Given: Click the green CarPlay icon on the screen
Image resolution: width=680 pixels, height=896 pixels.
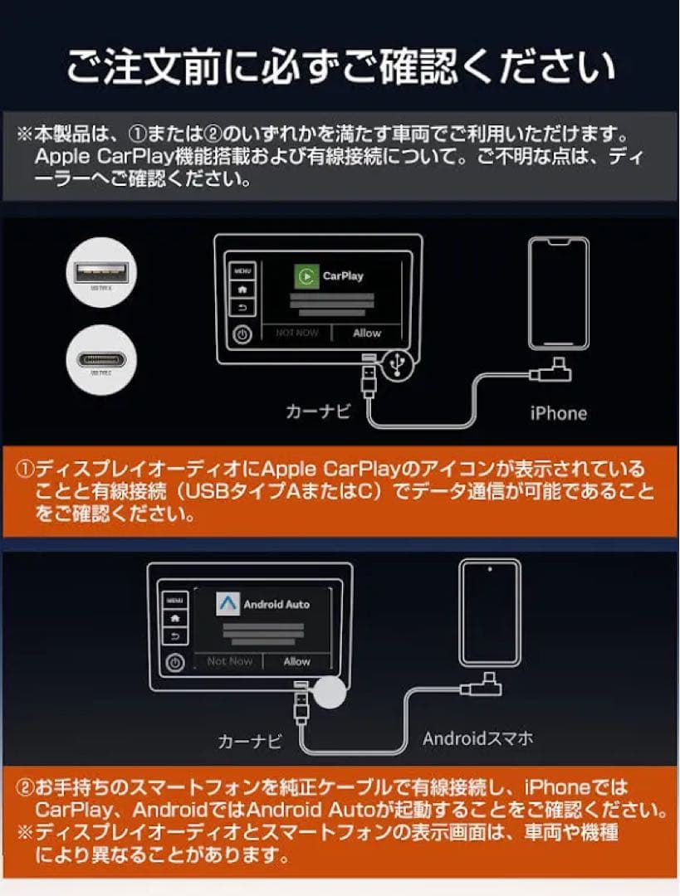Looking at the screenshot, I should click(307, 275).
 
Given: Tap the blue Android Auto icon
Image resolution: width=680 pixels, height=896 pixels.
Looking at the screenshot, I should click(227, 603).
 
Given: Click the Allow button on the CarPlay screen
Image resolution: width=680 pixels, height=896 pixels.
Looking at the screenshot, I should click(366, 333).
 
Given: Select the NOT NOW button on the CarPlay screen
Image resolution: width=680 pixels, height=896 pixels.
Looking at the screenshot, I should click(297, 333).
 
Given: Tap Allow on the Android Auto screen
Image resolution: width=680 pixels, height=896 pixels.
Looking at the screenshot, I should click(296, 661).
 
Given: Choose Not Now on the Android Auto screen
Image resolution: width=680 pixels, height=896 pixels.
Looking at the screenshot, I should click(230, 661).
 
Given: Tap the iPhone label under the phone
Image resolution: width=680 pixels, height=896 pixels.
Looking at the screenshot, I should click(558, 412).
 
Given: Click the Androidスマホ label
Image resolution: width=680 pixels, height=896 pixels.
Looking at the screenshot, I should click(477, 738).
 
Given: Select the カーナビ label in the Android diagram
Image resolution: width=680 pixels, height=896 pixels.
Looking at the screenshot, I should click(249, 741).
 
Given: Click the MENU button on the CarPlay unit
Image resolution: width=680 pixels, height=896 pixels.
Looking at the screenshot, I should click(242, 270).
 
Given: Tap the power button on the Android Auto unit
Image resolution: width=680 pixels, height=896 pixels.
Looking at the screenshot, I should click(174, 663).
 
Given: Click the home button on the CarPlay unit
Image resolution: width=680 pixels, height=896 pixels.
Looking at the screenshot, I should click(242, 290).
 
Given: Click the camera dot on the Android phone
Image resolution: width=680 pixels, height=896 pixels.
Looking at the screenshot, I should click(491, 569).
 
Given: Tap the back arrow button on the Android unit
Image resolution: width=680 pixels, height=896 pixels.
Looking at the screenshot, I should click(174, 636).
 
